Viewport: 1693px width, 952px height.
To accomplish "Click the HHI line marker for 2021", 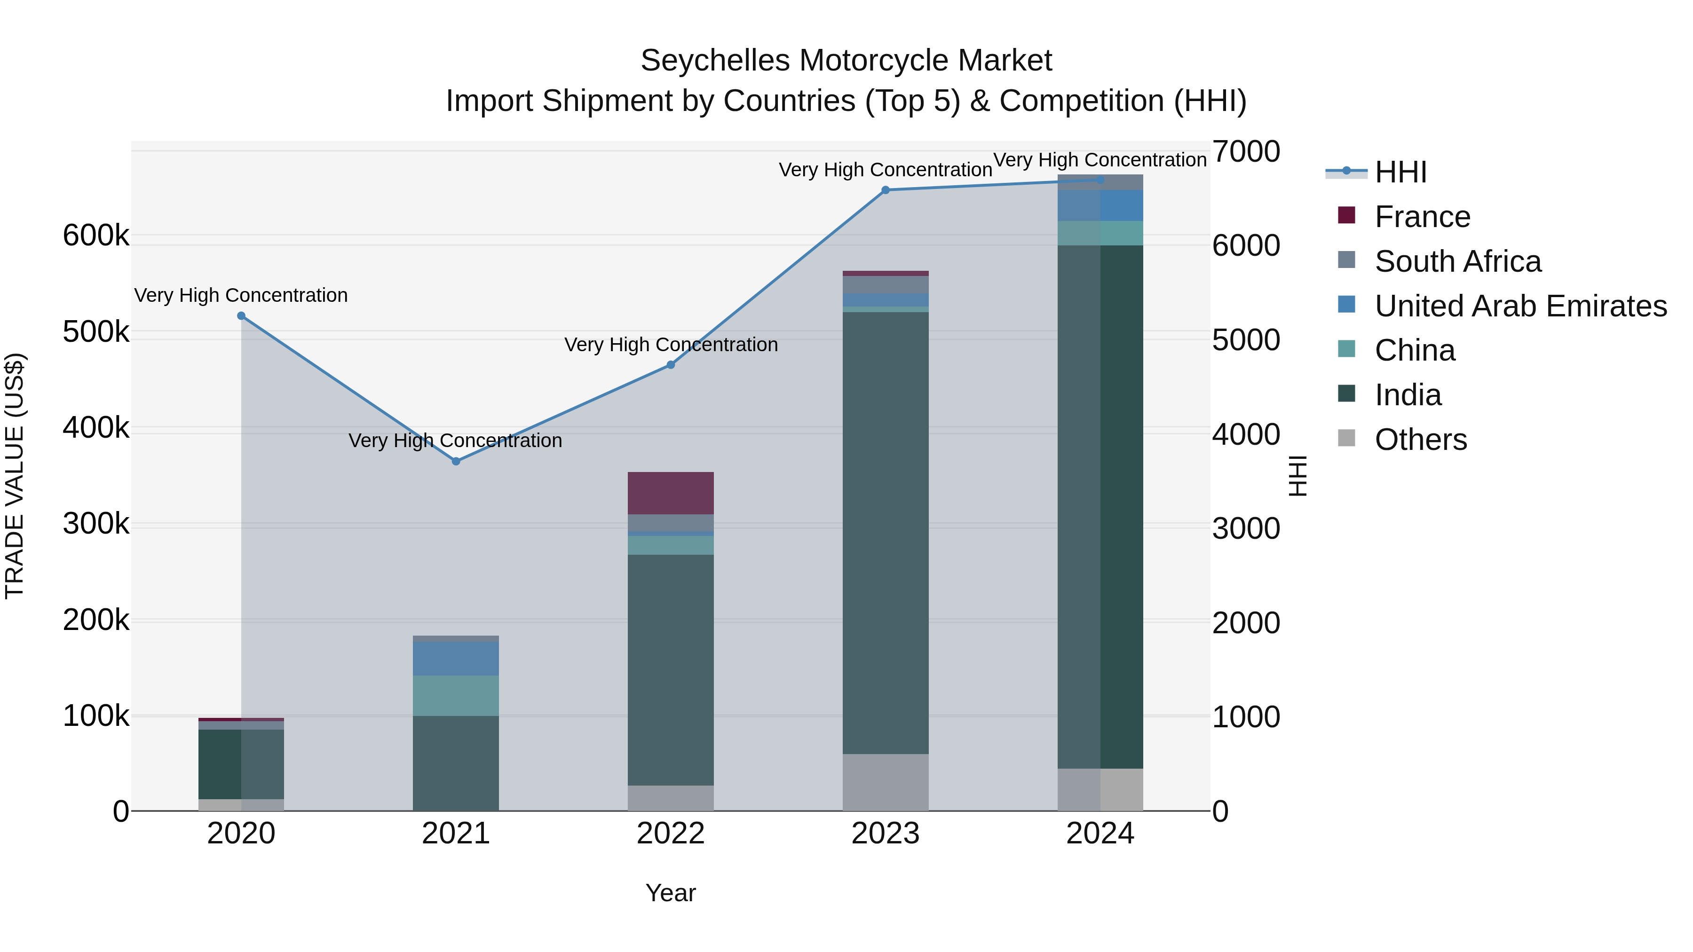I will tap(456, 461).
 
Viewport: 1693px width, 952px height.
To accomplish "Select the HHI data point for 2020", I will tap(241, 316).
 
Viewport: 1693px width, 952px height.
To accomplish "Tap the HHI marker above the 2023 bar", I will tap(885, 190).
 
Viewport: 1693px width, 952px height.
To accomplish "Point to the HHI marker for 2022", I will tap(671, 365).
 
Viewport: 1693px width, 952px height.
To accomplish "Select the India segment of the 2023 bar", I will tap(885, 532).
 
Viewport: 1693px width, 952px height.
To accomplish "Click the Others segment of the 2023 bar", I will tap(885, 782).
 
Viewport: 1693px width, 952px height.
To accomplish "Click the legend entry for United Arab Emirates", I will tap(1520, 306).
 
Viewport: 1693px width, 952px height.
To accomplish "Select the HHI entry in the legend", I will tap(1400, 172).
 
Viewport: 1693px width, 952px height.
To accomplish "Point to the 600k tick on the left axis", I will tap(96, 235).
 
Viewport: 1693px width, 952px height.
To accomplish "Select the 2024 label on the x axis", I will tap(1100, 834).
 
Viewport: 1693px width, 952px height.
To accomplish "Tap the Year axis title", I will tap(670, 893).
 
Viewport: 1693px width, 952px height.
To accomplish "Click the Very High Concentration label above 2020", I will tap(241, 296).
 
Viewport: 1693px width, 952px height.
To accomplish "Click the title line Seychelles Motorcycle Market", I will tap(846, 61).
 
